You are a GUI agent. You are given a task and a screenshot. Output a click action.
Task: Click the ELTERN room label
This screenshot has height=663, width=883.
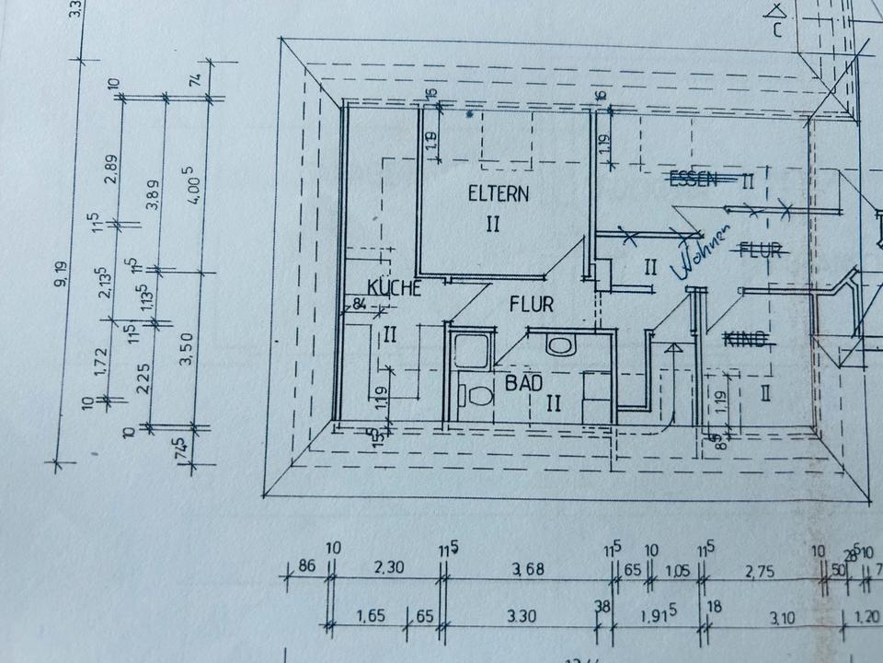point(499,194)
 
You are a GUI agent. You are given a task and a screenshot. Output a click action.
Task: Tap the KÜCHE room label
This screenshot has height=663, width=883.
point(394,288)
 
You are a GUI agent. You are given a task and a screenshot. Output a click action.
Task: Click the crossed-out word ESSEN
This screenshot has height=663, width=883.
point(694,180)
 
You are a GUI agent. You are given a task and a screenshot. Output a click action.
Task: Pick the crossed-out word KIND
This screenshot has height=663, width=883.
point(746,341)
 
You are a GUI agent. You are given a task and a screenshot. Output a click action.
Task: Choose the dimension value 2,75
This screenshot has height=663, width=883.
point(759,572)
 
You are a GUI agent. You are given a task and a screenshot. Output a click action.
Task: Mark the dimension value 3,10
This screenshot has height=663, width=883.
point(781,619)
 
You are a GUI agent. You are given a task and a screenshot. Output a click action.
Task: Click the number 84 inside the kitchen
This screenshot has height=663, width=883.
point(359,304)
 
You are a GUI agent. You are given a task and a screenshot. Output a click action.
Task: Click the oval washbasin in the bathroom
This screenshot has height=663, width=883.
point(558,345)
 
